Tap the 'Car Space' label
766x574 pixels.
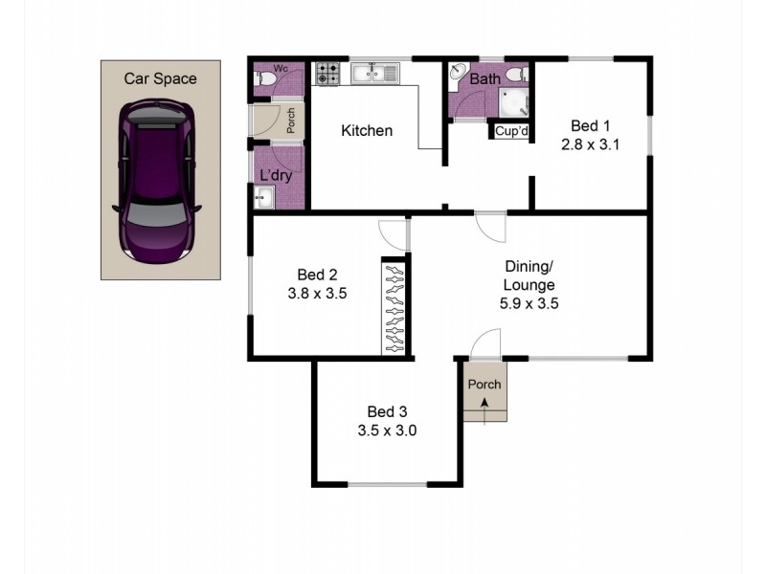pos(160,78)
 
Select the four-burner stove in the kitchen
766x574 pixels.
pos(328,73)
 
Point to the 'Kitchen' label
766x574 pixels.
pos(367,130)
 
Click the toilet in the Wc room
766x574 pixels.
pos(263,81)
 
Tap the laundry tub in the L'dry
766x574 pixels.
pos(264,197)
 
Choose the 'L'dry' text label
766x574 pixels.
pos(276,175)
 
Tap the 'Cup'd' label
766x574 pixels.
pos(510,131)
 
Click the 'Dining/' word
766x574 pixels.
pos(529,267)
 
